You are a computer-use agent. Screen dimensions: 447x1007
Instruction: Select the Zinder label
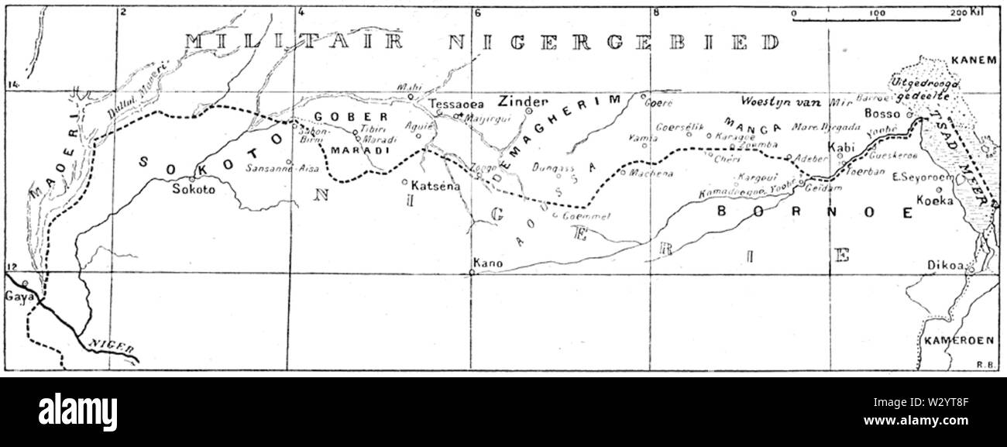523,101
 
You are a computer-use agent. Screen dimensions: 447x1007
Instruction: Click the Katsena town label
431,187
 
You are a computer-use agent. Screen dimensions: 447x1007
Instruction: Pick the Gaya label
16,296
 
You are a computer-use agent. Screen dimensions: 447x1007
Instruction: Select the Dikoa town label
945,265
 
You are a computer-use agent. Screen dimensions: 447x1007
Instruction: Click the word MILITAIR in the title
294,43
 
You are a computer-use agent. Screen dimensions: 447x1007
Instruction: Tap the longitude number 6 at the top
477,13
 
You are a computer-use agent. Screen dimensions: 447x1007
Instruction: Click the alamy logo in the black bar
78,411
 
